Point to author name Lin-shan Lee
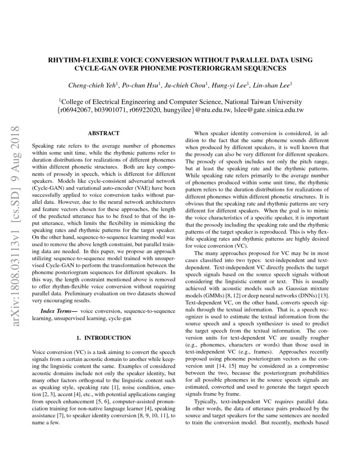coord(271,86)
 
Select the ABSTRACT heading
coord(103,133)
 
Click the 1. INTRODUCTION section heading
coord(103,338)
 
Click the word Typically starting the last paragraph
coord(207,401)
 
